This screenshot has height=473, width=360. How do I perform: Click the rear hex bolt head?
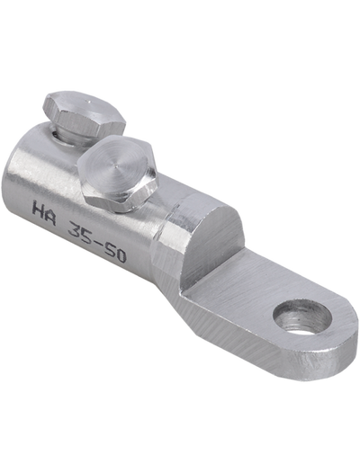coord(84,113)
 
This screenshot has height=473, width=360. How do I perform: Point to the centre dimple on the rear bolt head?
coord(86,102)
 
